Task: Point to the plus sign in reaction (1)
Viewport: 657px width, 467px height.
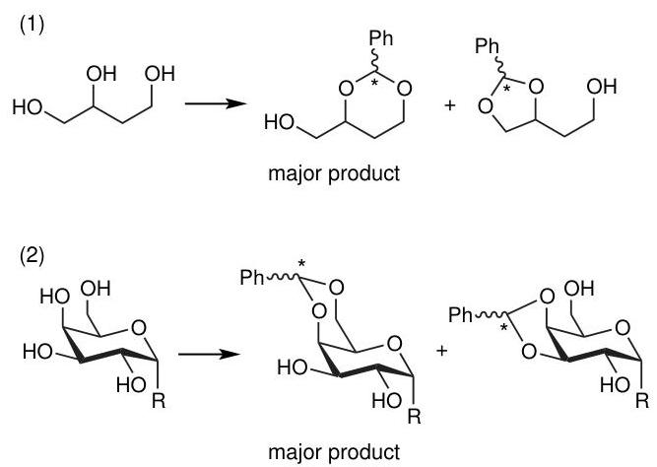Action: pyautogui.click(x=449, y=104)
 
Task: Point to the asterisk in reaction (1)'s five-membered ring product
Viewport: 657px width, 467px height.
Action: pyautogui.click(x=507, y=90)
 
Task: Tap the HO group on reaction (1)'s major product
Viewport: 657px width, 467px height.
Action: pyautogui.click(x=279, y=123)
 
